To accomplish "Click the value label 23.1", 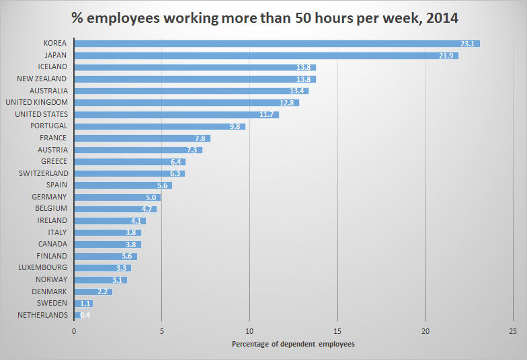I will point(468,44).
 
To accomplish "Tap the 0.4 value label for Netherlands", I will point(85,315).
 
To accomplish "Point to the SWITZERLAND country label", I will point(43,173).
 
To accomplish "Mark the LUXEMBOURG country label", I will point(42,267).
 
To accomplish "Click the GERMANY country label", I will point(49,197).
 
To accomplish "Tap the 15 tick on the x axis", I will point(337,330).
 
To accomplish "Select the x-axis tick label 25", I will point(512,330).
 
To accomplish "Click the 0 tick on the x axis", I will point(74,330).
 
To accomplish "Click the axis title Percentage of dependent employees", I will point(293,344).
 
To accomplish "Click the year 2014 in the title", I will point(441,16).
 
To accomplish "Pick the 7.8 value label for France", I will point(201,138).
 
